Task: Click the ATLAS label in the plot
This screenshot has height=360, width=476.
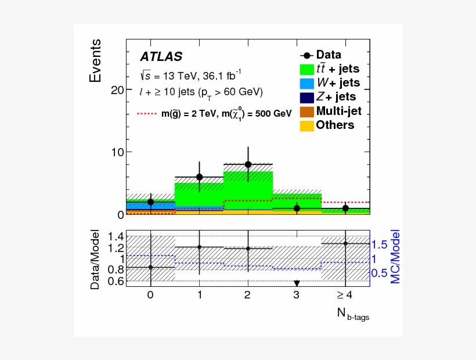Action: tap(161, 57)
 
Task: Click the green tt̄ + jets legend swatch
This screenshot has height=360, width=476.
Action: tap(307, 69)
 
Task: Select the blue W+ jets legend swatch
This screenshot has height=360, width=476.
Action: tap(307, 83)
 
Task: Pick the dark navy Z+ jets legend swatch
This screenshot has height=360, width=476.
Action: tap(307, 97)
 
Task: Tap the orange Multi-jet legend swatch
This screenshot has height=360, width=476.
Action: tap(307, 111)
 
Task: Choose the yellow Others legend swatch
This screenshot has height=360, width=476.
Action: tap(307, 125)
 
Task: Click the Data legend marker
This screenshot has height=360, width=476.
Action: tap(306, 55)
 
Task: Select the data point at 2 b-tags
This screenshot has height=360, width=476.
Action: tap(248, 164)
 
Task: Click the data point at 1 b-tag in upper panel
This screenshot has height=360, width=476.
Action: tap(200, 177)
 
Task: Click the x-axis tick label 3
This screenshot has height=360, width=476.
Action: tap(297, 295)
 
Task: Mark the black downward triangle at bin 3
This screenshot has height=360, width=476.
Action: tap(297, 283)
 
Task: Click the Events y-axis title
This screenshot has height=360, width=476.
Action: tap(96, 60)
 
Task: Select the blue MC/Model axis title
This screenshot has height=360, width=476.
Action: tap(395, 255)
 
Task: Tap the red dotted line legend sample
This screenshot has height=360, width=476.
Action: tap(148, 114)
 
